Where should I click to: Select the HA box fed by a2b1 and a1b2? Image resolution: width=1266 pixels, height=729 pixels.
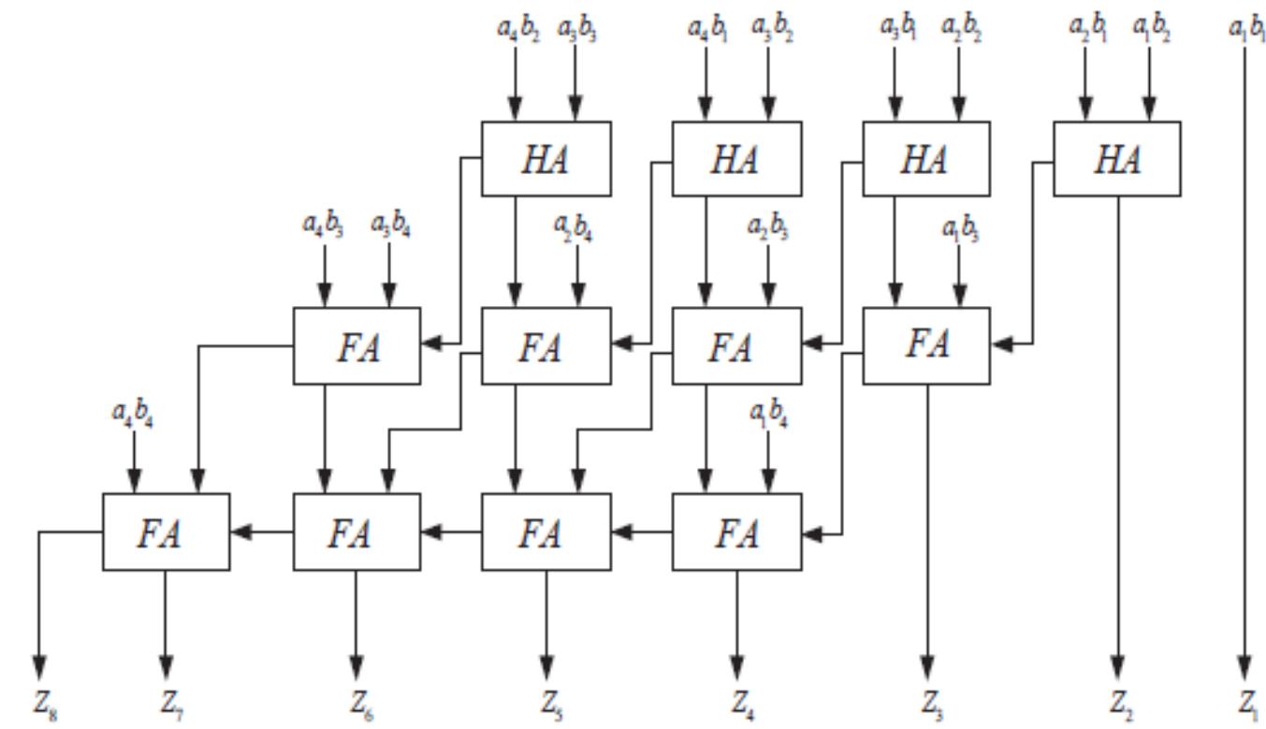tap(1116, 159)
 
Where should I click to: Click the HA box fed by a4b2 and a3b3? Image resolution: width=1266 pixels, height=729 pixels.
tap(546, 159)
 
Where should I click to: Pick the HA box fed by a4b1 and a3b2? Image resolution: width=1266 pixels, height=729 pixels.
tap(736, 159)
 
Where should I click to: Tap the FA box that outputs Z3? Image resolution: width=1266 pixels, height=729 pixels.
tap(926, 345)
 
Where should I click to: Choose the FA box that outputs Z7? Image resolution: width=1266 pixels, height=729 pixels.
tap(166, 532)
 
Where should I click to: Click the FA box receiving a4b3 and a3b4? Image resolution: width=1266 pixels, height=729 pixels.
tap(357, 345)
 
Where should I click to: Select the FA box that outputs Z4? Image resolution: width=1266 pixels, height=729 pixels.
tap(736, 532)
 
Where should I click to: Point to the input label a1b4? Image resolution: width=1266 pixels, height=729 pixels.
tap(769, 415)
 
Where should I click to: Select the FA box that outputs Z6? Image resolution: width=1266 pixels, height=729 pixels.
tap(357, 532)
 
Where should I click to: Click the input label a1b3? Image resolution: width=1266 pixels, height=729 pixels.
tap(959, 227)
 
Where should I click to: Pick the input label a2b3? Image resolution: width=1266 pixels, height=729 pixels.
tap(768, 227)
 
